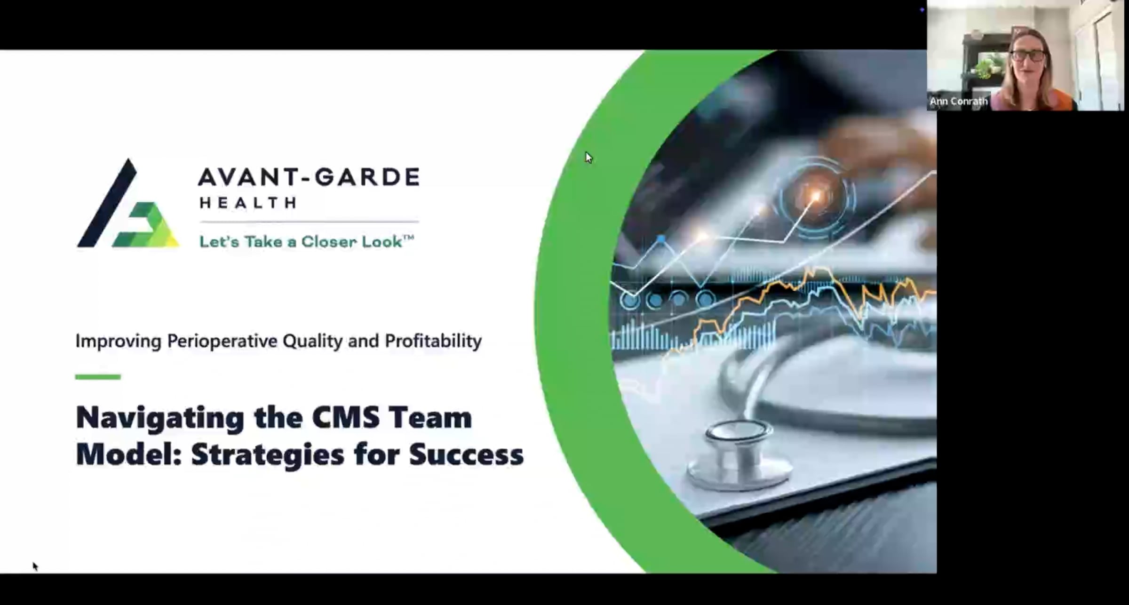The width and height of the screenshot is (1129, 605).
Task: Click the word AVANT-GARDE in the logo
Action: pos(309,177)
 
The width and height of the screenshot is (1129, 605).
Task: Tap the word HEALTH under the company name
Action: pos(248,203)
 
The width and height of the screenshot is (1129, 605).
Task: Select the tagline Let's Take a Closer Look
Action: pos(306,242)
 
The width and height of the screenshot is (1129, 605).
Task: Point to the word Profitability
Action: pos(433,341)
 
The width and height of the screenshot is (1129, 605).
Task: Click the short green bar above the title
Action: pos(98,376)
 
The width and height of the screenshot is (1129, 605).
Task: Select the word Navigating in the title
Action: pos(160,418)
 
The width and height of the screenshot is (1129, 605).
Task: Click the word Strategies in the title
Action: pos(268,454)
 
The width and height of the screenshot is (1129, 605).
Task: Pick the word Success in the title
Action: pos(466,454)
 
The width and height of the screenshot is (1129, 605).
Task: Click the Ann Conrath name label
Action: pos(958,101)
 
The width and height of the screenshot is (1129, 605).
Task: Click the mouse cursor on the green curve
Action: pos(588,158)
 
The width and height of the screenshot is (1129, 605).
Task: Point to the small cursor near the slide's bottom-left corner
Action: pos(35,566)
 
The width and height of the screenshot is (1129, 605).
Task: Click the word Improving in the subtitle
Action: pos(118,341)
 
